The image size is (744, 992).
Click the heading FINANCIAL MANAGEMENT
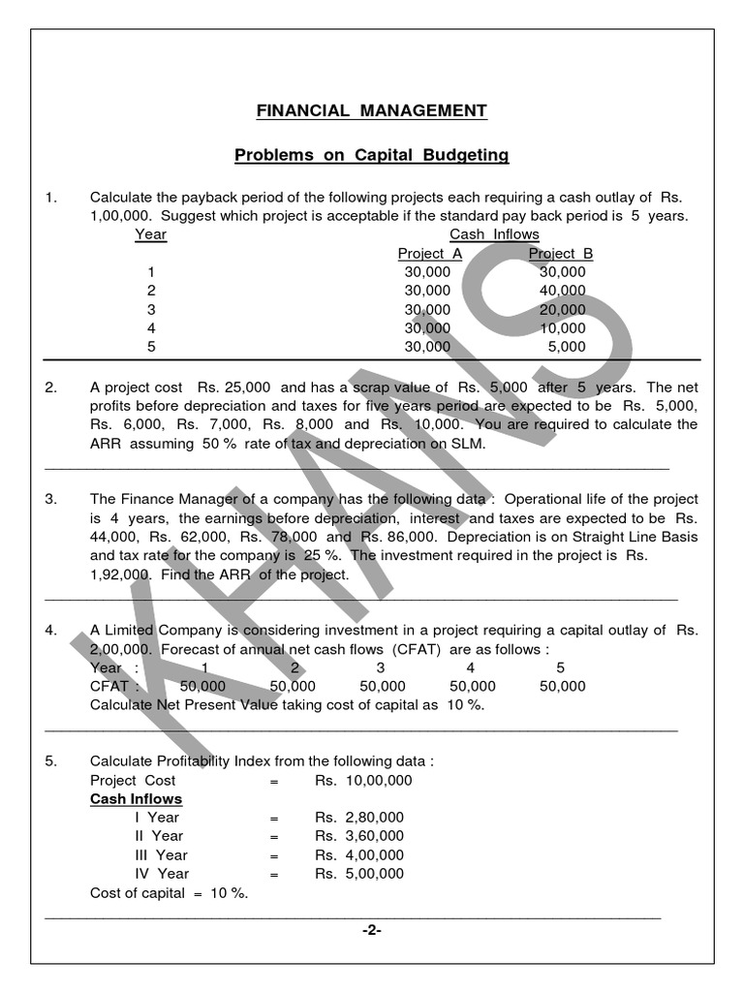tap(371, 110)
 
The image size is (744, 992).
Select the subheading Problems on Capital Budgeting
tap(371, 155)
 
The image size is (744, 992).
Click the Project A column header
tap(429, 254)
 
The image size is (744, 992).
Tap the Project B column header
tap(560, 254)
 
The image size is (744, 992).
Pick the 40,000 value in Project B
tap(562, 291)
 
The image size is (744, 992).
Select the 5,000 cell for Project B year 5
tap(566, 346)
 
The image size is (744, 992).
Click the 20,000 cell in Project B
tap(562, 309)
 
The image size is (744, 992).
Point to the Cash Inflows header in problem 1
tap(494, 234)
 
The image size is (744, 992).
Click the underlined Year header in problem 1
tap(150, 234)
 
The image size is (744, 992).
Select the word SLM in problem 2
tap(468, 444)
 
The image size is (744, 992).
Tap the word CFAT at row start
tap(109, 686)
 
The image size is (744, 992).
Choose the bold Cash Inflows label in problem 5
tap(136, 799)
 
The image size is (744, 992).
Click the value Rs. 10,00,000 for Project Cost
tap(363, 780)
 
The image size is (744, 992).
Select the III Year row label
tap(161, 854)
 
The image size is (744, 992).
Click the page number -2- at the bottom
tap(372, 930)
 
